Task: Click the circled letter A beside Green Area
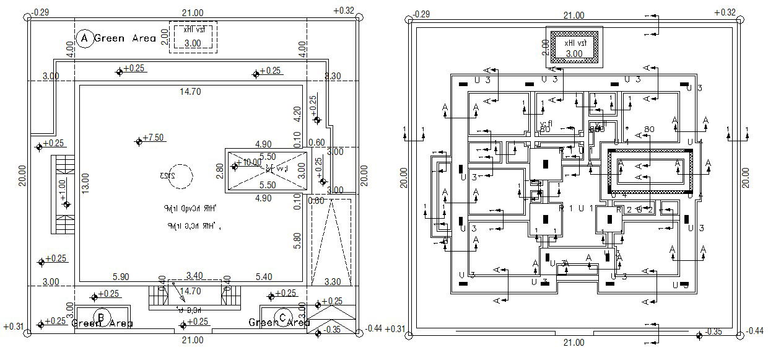[x=84, y=38]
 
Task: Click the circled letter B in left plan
[x=100, y=318]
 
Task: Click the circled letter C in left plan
[x=282, y=318]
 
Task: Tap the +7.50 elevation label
[x=153, y=138]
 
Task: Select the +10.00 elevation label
[x=250, y=162]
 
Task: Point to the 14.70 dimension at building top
[x=191, y=92]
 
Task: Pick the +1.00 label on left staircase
[x=63, y=187]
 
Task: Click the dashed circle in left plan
[x=180, y=173]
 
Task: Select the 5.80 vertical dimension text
[x=297, y=241]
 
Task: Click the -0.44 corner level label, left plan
[x=373, y=329]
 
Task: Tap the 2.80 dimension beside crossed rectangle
[x=220, y=170]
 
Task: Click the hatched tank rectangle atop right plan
[x=573, y=47]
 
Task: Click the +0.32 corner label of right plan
[x=725, y=12]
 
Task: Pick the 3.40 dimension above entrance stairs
[x=193, y=276]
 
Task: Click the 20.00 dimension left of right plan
[x=404, y=177]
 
